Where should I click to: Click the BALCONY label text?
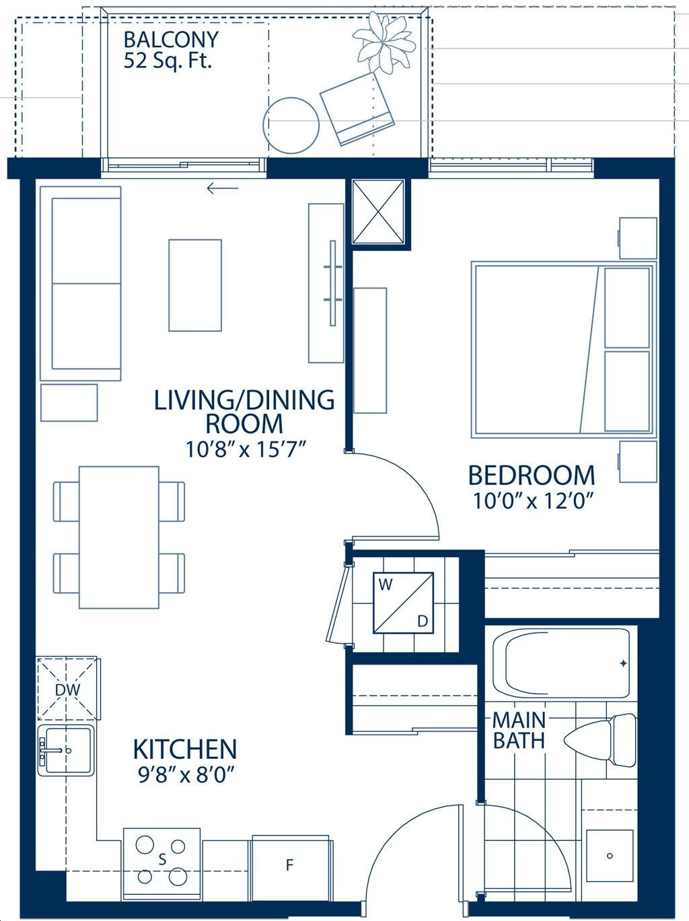click(171, 40)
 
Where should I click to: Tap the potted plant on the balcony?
click(384, 42)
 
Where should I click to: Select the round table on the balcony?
click(291, 125)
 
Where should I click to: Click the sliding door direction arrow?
click(223, 188)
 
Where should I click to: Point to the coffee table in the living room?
click(195, 285)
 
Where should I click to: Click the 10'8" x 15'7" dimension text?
click(244, 450)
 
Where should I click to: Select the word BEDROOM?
click(532, 476)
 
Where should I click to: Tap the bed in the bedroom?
click(564, 350)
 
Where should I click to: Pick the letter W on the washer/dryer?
click(385, 585)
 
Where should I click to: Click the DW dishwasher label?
click(67, 690)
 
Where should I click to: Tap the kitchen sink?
click(66, 751)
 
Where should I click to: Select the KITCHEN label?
click(184, 749)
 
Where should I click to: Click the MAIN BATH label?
click(519, 731)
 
